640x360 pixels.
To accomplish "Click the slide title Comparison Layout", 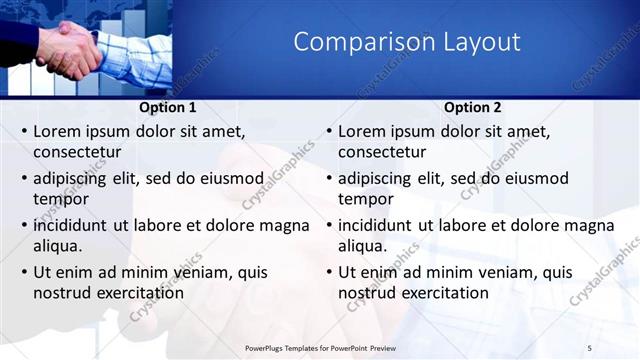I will coord(406,42).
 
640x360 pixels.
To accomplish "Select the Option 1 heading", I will coord(165,108).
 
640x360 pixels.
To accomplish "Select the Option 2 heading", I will coord(472,108).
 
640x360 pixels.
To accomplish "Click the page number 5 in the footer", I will coord(589,347).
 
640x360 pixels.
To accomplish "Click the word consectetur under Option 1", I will coord(77,152).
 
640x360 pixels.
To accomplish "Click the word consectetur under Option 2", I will coord(382,152).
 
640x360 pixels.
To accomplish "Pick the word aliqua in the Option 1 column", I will coord(57,246).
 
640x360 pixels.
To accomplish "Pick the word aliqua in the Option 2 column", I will coord(362,246).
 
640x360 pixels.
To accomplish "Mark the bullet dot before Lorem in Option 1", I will coord(24,132).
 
